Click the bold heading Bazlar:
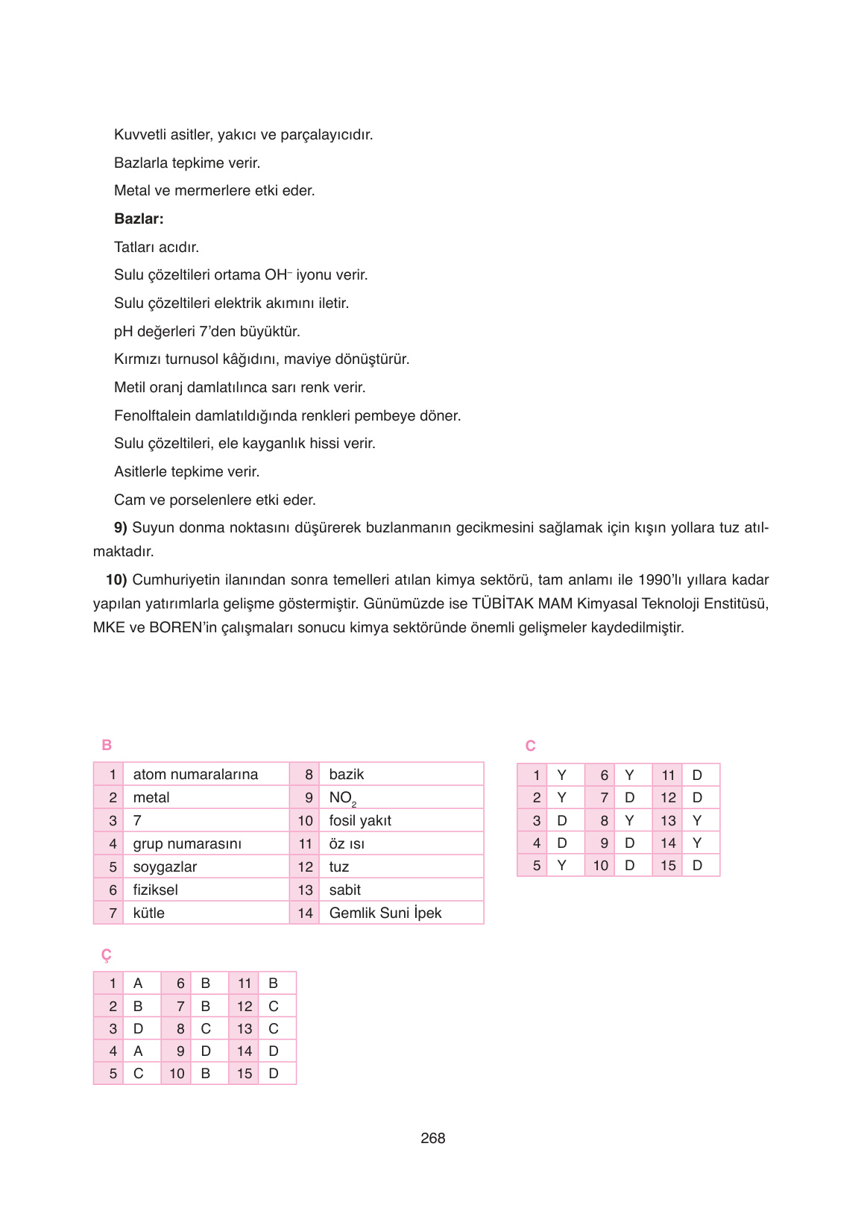click(x=139, y=219)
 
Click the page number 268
click(x=432, y=1138)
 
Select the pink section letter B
click(x=107, y=745)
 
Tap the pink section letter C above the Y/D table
click(x=530, y=746)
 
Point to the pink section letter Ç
click(x=106, y=955)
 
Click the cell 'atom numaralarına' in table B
click(x=195, y=774)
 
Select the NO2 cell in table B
click(x=342, y=798)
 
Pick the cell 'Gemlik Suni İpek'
click(x=385, y=913)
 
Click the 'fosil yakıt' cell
click(x=360, y=820)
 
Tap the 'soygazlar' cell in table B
click(x=165, y=866)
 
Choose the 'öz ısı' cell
click(x=347, y=843)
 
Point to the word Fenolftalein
click(x=152, y=415)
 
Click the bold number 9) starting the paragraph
click(x=121, y=528)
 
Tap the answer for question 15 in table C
click(x=697, y=866)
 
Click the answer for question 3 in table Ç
click(x=138, y=1028)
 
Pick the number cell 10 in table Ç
click(x=177, y=1074)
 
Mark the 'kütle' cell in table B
click(x=148, y=913)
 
